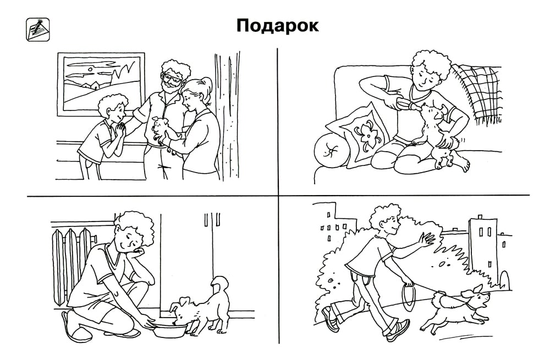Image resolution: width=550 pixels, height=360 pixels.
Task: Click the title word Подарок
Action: coord(277,26)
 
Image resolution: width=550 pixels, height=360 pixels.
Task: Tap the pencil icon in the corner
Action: coord(37,30)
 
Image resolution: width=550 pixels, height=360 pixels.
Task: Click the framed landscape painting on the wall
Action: coord(101,84)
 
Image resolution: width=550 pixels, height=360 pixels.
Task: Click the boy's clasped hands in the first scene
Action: coord(120,129)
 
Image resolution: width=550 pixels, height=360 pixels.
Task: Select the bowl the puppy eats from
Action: coord(170,330)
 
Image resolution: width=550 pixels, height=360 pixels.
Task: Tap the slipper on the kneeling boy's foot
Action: coord(76,328)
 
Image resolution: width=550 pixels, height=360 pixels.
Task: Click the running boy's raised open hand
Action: coord(427,240)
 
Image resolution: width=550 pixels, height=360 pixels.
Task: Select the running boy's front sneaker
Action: coord(398,331)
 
